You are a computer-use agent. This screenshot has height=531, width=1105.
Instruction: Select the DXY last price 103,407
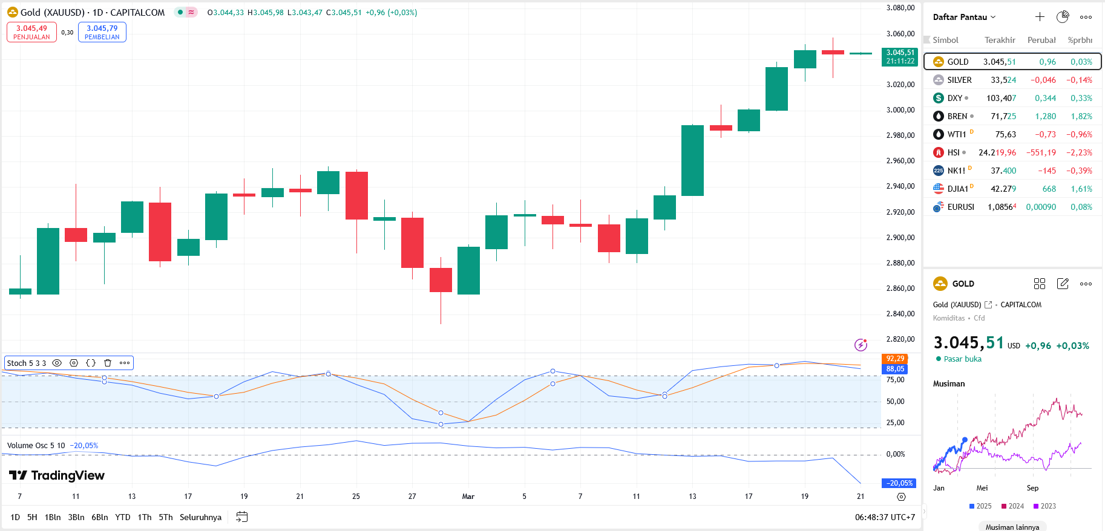click(x=1001, y=98)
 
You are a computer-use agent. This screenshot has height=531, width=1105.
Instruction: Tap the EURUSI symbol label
click(x=960, y=207)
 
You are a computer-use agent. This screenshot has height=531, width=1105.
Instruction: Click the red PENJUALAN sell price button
click(x=31, y=32)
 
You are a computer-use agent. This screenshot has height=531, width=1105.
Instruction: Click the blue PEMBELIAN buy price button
click(x=102, y=32)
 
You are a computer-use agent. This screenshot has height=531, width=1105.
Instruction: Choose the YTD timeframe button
click(x=123, y=517)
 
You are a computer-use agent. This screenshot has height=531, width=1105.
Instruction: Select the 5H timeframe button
click(x=32, y=517)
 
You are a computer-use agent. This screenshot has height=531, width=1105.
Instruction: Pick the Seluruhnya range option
click(x=200, y=517)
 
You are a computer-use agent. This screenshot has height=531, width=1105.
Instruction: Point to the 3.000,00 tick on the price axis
click(x=900, y=110)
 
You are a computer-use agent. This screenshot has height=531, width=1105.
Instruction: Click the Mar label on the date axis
click(x=468, y=497)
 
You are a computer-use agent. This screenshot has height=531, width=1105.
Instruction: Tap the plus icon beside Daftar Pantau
click(x=1040, y=17)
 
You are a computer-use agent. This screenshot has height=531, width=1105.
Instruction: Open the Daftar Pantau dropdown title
click(x=964, y=17)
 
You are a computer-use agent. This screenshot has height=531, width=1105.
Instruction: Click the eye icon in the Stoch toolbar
click(x=57, y=363)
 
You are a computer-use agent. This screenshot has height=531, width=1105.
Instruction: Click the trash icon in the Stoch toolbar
click(x=108, y=363)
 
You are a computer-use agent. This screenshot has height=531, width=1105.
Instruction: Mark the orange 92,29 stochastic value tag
click(x=895, y=359)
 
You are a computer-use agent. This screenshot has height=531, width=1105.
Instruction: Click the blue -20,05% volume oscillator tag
click(x=899, y=483)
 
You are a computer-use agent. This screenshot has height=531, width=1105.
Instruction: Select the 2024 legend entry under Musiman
click(x=1013, y=506)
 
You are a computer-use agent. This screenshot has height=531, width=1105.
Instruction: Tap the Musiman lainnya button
click(x=1012, y=527)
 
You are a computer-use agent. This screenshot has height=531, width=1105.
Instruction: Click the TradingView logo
click(x=57, y=475)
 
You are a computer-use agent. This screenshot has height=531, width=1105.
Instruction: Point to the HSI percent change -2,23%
click(x=1079, y=152)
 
